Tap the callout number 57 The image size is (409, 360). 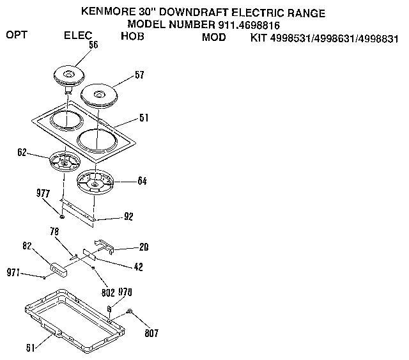tap(139, 75)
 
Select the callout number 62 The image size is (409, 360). tap(21, 153)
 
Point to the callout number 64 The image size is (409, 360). tap(141, 181)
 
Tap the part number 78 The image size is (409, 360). tap(55, 231)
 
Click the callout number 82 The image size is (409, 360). tap(26, 246)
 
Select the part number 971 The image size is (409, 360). tap(13, 273)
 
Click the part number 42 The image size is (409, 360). tap(138, 267)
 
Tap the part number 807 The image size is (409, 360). tap(150, 333)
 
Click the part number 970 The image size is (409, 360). tap(125, 292)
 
